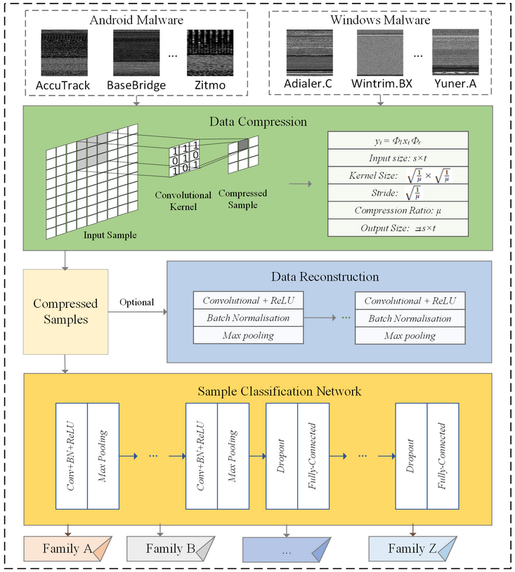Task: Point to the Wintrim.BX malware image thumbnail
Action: tap(380, 54)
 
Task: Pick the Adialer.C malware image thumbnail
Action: tap(310, 54)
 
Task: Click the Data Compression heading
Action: tap(258, 122)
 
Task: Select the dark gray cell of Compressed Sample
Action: tap(243, 145)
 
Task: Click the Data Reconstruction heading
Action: tap(339, 277)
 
